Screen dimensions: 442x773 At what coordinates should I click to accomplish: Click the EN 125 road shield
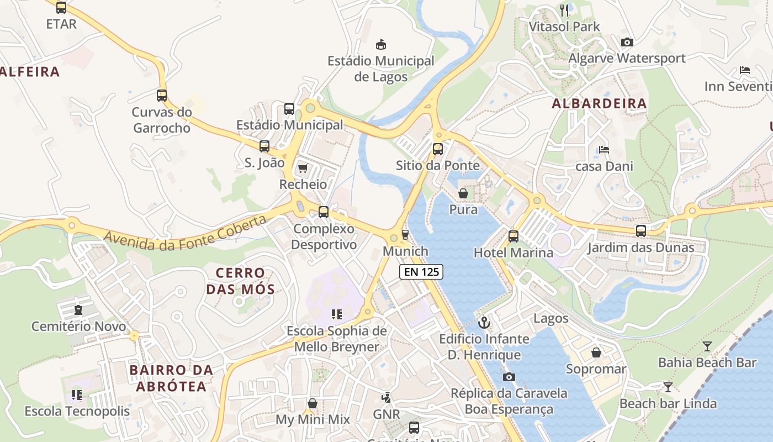point(422,271)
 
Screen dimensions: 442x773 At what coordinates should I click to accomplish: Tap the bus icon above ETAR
point(61,8)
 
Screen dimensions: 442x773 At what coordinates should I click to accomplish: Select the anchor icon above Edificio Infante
point(484,322)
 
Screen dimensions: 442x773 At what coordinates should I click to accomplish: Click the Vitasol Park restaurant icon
point(564,10)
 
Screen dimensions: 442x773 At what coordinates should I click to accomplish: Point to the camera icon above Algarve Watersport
point(627,42)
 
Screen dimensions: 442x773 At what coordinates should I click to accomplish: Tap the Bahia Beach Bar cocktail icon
point(707,346)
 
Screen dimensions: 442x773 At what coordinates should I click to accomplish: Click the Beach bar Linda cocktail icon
point(668,387)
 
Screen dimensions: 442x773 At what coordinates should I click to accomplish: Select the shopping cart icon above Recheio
point(303,168)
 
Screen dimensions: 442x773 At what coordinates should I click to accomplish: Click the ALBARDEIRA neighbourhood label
point(599,103)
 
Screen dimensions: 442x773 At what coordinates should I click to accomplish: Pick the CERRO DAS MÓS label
point(240,281)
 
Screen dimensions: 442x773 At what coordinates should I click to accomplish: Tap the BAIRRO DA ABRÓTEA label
point(171,378)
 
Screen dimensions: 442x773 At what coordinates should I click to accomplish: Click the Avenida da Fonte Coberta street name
point(185,233)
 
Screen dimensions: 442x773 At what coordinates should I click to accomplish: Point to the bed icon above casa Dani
point(604,150)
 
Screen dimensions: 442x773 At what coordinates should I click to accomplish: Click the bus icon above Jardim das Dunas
point(640,231)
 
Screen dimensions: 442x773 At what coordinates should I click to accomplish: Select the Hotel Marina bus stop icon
point(513,236)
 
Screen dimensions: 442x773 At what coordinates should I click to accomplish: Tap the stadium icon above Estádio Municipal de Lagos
point(380,44)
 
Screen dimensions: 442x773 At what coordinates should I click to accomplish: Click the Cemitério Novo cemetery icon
point(78,310)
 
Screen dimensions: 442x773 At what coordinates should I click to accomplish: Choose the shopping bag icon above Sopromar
point(596,352)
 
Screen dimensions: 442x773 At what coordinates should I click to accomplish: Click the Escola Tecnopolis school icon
point(77,394)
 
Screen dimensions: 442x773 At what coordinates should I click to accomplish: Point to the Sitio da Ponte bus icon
point(438,149)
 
